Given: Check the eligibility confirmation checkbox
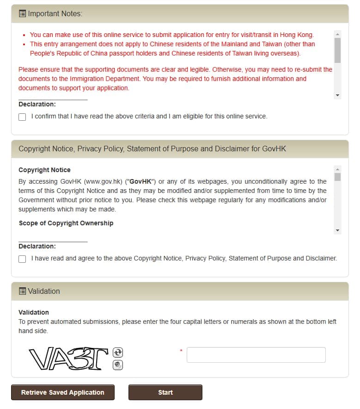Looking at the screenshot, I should coord(22,117).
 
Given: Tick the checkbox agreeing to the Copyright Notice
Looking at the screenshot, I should coord(22,259).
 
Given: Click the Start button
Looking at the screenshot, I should coord(165,392).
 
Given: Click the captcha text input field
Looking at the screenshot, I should coord(256,355).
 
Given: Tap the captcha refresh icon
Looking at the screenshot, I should coord(118,353).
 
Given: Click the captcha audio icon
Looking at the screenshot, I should coord(118,365).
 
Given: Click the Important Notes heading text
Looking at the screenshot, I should coord(55,14).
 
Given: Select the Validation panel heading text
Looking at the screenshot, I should coord(44,291).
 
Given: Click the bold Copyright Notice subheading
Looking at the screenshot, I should coord(44,170).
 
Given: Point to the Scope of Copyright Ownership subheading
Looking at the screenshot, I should coord(66,223).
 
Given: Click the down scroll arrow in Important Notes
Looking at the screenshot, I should coord(337,95).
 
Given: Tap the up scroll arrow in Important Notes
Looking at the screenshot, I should coord(337,34).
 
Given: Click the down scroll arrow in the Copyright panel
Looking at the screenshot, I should coord(337,230).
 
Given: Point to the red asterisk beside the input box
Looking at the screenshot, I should coord(181,351).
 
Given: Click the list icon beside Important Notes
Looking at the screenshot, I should coord(22,14).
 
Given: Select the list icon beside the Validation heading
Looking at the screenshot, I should coord(22,291).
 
